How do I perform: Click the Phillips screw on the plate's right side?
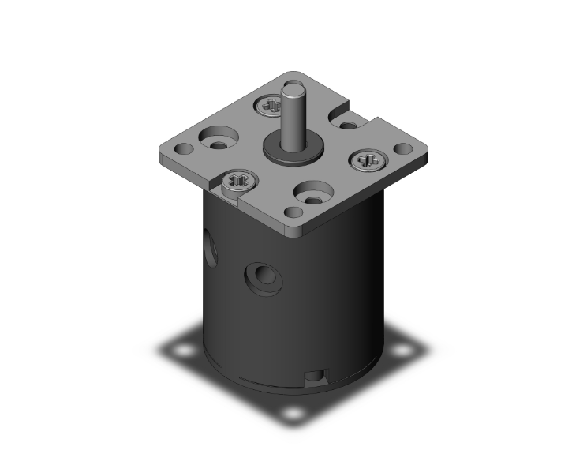[x=368, y=161]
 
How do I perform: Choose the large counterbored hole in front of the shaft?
[x=314, y=192]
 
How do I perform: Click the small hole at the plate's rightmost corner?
[x=402, y=148]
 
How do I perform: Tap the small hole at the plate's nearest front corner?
[x=294, y=212]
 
